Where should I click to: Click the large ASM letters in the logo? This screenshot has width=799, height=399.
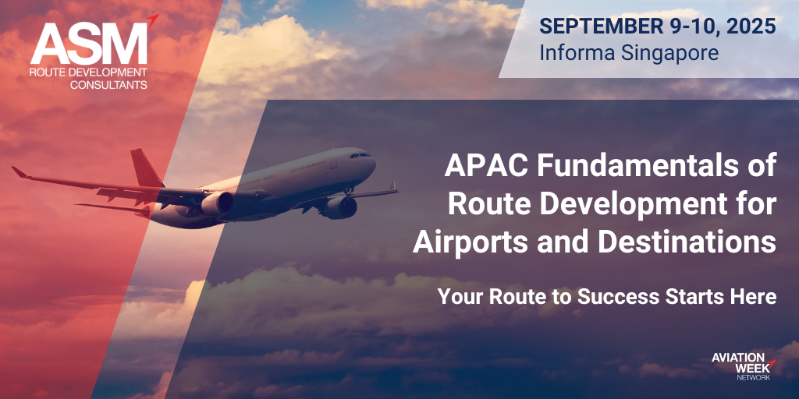click(x=89, y=44)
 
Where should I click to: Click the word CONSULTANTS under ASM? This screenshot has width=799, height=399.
click(x=108, y=84)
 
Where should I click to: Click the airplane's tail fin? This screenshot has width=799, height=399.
click(x=145, y=168)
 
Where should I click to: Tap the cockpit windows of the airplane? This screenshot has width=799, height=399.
click(x=360, y=155)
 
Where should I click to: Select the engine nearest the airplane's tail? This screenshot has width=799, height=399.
click(x=218, y=203)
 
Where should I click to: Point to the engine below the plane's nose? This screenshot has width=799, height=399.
click(x=339, y=207)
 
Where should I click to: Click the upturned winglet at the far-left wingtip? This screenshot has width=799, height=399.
click(x=20, y=172)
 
